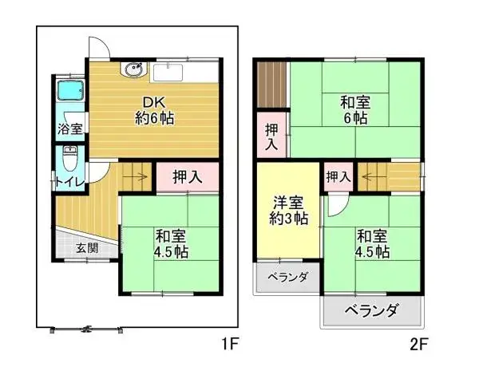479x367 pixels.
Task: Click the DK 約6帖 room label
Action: point(155,110)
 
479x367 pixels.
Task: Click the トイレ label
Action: point(66,182)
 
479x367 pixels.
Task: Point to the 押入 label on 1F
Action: point(187,176)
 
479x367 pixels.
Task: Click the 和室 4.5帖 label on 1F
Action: point(172,243)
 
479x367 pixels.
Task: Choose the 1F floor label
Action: point(230,345)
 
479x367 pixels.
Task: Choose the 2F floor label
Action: point(420,345)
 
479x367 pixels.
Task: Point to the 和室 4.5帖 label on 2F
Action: point(373,243)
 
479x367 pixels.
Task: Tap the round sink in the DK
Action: point(132,72)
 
